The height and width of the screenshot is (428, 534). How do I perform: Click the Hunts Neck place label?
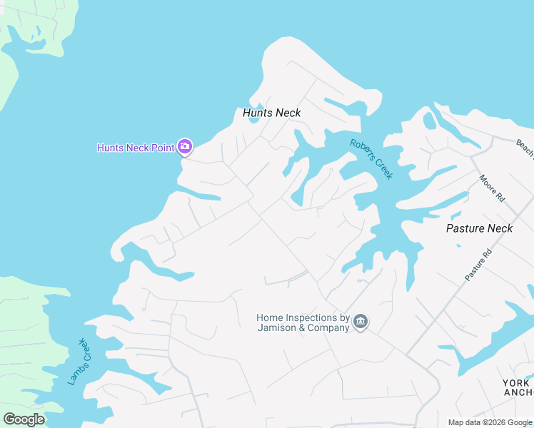pos(271,113)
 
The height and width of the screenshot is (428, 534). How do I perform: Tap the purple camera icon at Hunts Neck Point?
pos(185,147)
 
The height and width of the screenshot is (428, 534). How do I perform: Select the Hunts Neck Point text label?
pos(136,148)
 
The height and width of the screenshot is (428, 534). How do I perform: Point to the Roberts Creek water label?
pos(371,158)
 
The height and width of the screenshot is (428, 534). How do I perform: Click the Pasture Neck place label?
pos(479,228)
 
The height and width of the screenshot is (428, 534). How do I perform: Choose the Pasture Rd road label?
pos(478,265)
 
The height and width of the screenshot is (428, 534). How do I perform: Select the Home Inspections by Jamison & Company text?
pos(303,322)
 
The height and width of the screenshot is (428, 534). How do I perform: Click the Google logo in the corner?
pos(24,419)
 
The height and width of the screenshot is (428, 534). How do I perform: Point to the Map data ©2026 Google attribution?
pos(490,422)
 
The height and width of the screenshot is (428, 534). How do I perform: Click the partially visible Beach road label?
pos(524,148)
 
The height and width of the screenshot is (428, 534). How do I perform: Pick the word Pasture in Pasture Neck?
pos(465,228)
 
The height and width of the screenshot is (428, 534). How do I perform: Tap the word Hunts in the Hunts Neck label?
pos(257,113)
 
